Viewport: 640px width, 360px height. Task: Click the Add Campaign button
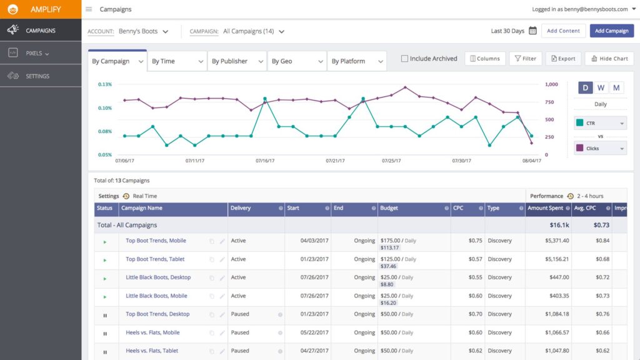point(611,31)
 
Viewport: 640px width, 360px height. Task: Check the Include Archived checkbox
point(404,59)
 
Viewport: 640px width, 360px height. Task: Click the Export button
point(562,59)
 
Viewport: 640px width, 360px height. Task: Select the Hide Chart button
point(609,59)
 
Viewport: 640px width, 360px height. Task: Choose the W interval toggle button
point(601,87)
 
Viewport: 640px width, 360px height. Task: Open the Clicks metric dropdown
point(600,149)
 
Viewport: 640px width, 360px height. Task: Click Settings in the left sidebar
point(37,76)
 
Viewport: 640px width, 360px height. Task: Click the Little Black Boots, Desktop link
point(158,277)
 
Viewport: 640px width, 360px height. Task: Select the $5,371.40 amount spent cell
point(547,241)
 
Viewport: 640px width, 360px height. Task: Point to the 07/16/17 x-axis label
point(265,161)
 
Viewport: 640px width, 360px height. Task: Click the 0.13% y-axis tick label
point(105,84)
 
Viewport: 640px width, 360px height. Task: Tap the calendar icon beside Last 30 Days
point(532,31)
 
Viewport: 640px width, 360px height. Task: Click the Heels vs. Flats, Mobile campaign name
point(152,332)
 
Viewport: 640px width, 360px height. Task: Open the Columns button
point(484,59)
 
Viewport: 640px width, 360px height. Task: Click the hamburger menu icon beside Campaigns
point(89,9)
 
